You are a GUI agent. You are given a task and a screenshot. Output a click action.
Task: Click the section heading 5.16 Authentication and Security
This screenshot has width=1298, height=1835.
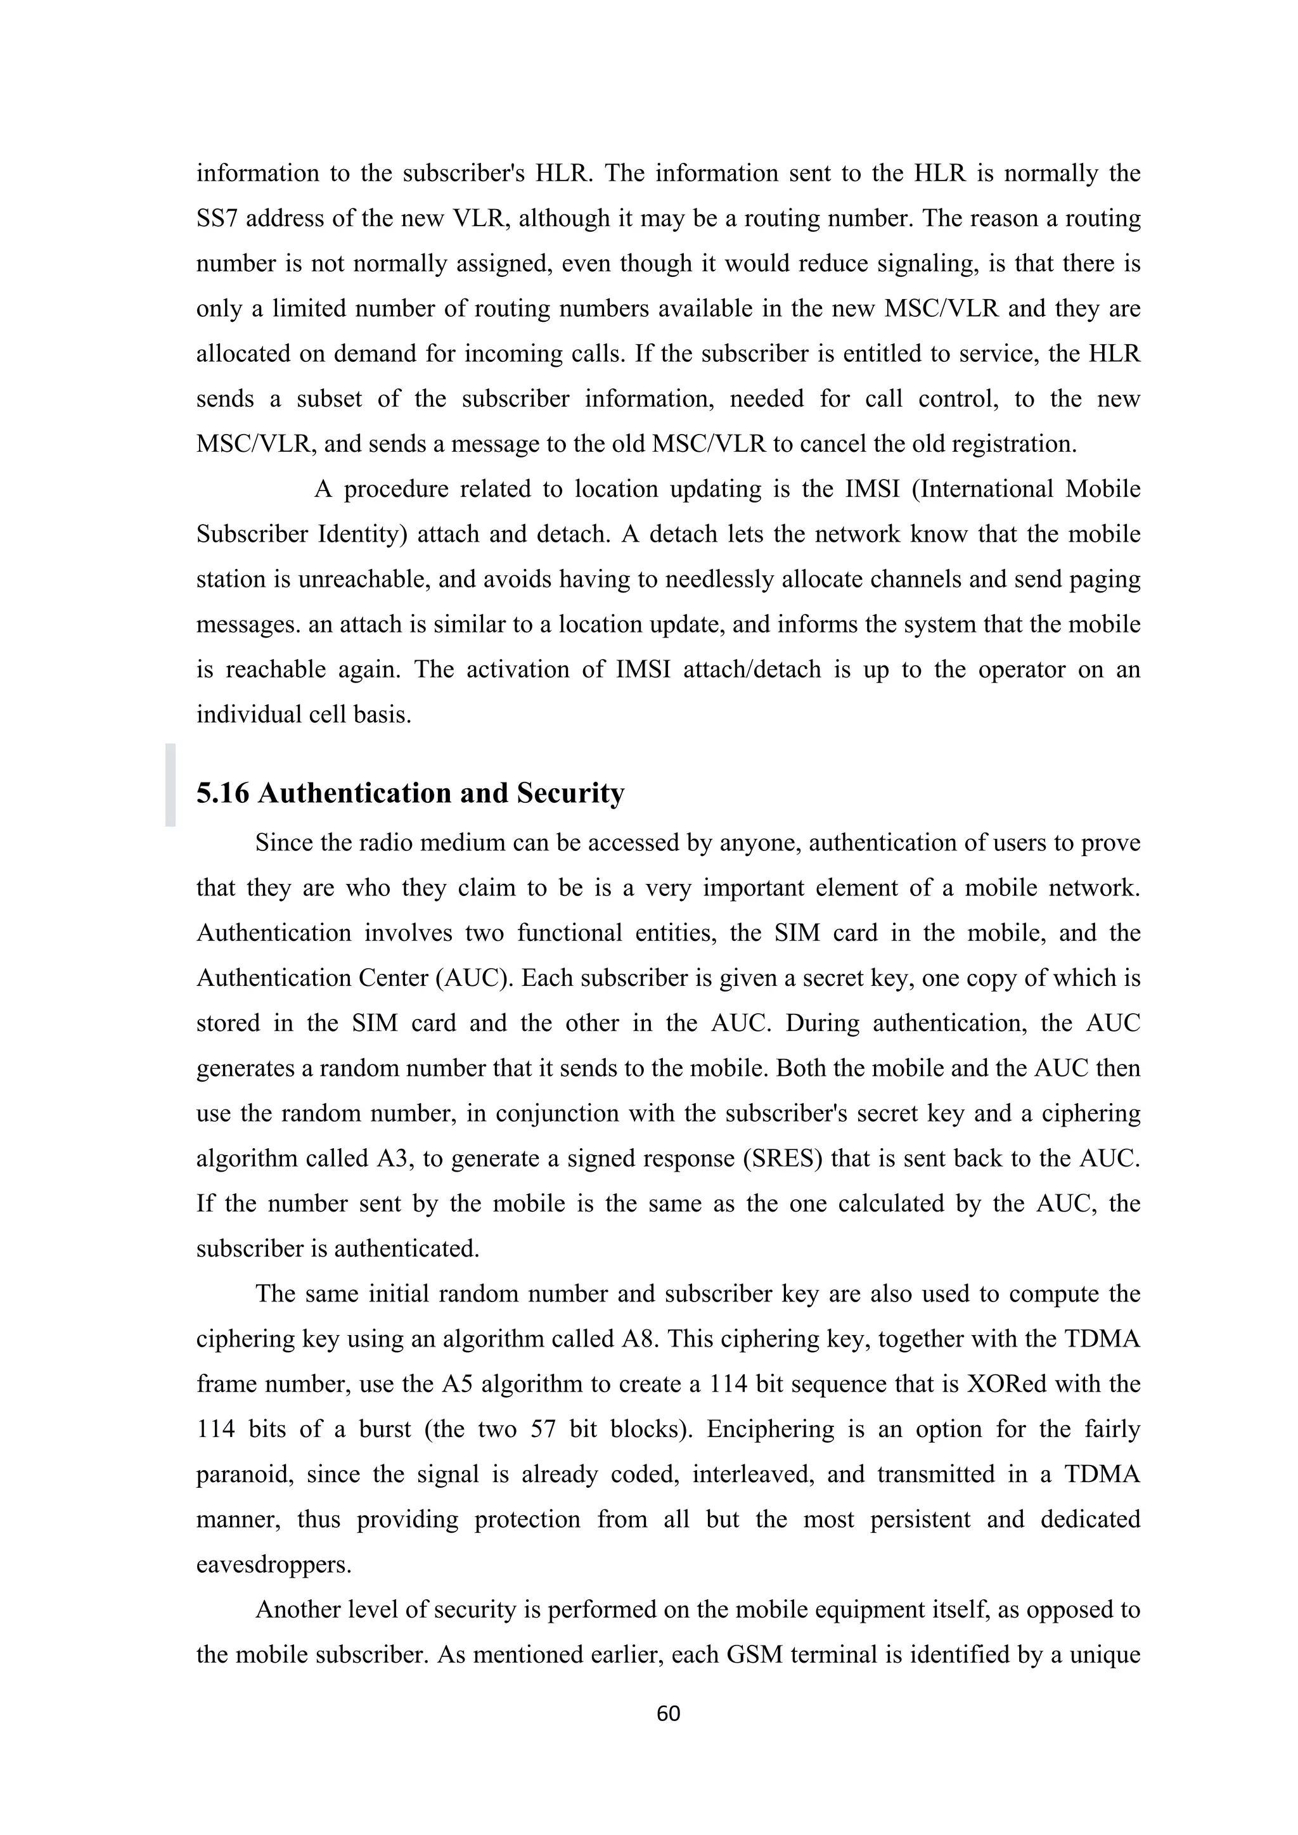coord(410,793)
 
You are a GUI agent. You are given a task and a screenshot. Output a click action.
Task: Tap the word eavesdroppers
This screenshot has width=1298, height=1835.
coord(273,1564)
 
